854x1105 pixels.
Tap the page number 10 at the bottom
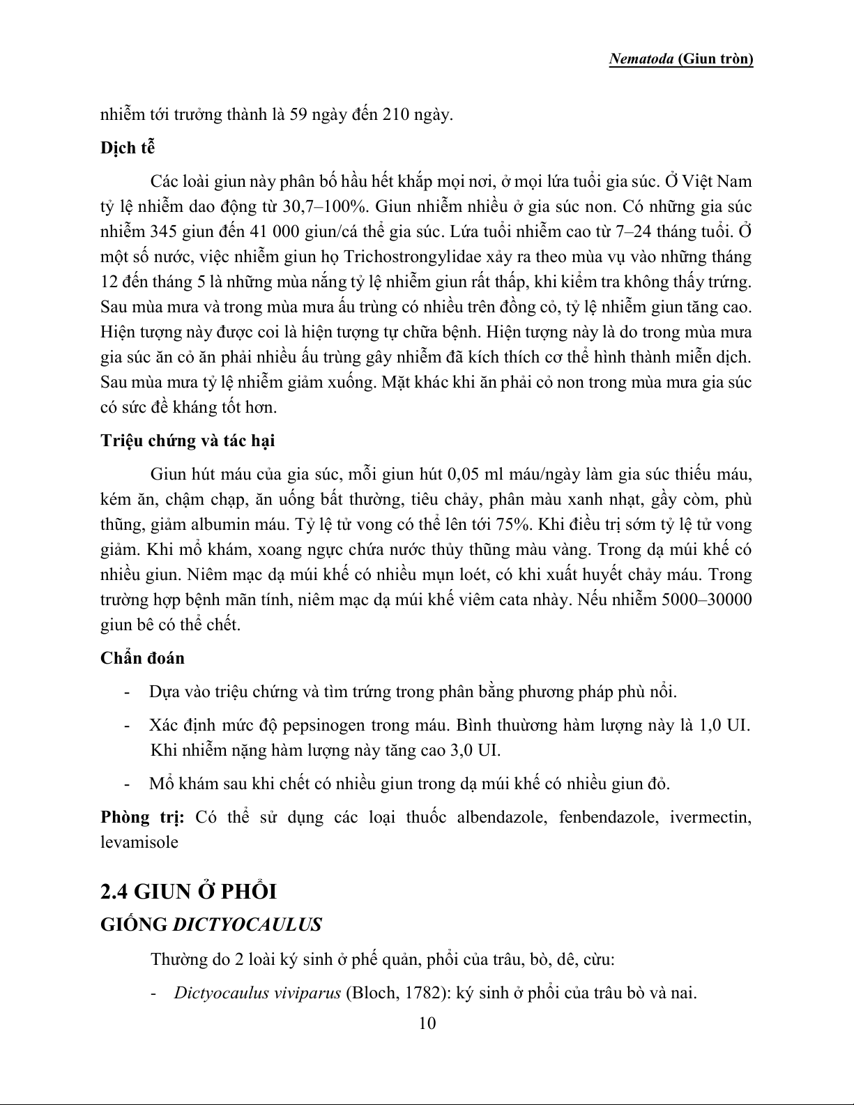[427, 1023]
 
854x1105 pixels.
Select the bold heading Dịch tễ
[128, 148]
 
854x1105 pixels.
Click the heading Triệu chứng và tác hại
[188, 441]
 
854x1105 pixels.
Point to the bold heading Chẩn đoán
[143, 658]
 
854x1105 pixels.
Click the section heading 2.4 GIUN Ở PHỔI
[189, 892]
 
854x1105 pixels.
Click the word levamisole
[139, 842]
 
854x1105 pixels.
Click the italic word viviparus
[307, 993]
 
